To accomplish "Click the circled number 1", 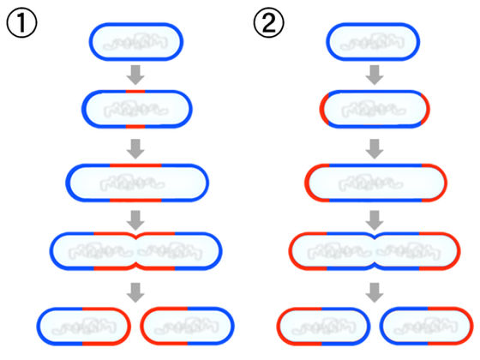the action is point(21,23).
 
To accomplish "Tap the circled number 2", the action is point(269,23).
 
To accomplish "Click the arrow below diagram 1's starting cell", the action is point(135,75).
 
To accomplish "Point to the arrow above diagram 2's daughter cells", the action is point(375,292).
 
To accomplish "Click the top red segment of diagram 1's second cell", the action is point(135,92).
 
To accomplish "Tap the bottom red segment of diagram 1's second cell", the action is point(135,127).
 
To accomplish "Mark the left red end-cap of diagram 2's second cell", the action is point(322,109).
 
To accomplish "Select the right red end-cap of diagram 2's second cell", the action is point(427,109).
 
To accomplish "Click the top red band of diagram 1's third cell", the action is point(135,165).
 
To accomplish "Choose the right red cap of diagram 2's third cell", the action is point(445,183).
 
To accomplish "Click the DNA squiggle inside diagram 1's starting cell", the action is point(135,42).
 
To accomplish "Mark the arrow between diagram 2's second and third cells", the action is point(375,149).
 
